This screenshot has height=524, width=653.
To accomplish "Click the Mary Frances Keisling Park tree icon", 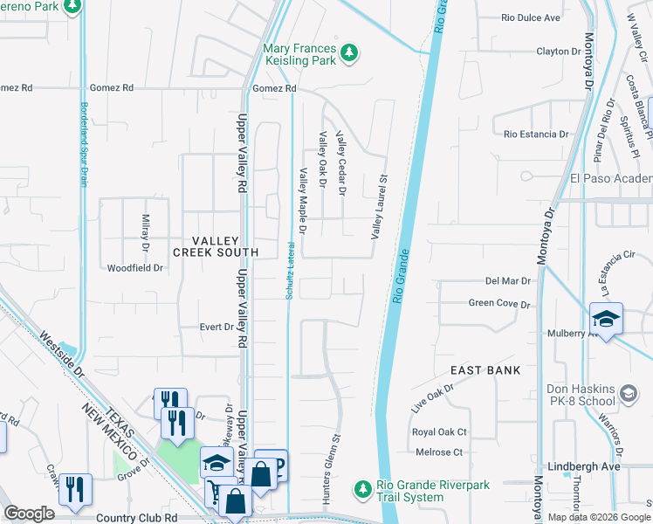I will [349, 53].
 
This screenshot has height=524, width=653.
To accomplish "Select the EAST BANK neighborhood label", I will [485, 370].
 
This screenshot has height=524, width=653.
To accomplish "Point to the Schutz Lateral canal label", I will [288, 271].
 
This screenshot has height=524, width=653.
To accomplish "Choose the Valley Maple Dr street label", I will [303, 202].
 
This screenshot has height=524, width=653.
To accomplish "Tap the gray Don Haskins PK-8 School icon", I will [628, 395].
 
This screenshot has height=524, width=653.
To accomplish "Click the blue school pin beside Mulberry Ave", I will [606, 319].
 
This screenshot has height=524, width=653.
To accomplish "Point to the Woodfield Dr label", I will [134, 268].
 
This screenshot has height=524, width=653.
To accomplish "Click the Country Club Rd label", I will [136, 517].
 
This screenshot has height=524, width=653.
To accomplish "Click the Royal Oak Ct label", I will [439, 432].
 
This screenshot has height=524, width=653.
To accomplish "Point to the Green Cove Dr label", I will [499, 304].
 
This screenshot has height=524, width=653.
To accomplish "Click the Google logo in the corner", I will [30, 513].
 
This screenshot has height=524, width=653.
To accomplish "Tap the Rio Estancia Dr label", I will [536, 134].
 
